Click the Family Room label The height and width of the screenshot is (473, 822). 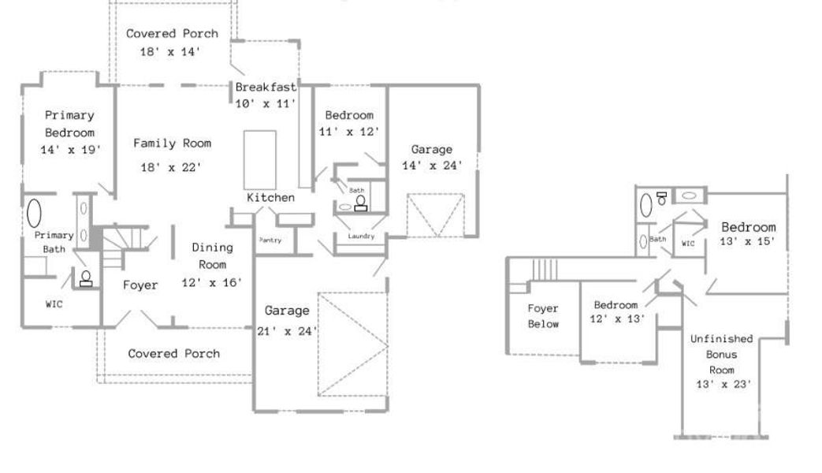pos(172,143)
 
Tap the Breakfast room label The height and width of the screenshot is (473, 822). pos(266,88)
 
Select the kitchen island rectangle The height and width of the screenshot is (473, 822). pos(259,158)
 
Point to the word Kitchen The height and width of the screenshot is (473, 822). pos(270,197)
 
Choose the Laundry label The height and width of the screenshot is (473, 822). pos(361,236)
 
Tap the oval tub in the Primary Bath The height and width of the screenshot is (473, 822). pos(35,213)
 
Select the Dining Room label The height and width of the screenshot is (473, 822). pos(212,256)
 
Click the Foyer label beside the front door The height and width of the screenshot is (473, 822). pos(140,285)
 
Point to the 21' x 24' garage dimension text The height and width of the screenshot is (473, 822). pos(287,331)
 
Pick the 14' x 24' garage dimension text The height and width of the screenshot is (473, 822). pos(432,166)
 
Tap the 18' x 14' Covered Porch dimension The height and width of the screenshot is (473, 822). pos(172,51)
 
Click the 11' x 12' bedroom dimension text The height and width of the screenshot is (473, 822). pos(349,132)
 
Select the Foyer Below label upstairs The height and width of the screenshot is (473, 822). pos(543,316)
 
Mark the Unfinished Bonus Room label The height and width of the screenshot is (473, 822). pos(721,354)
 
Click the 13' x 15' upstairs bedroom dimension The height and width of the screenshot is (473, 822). pos(749,241)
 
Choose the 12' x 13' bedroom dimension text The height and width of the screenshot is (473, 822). pos(619,319)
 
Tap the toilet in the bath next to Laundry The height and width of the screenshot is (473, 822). pos(360,203)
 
